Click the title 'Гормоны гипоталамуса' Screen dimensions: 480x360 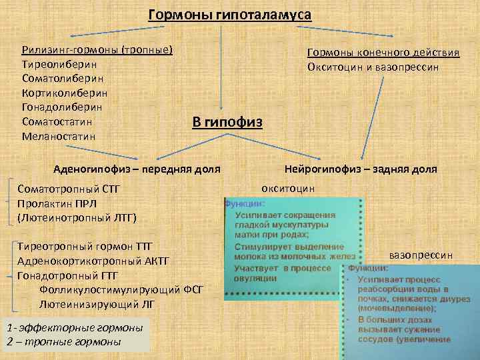pyautogui.click(x=230, y=15)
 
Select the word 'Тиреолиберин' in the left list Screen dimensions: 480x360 pyautogui.click(x=59, y=65)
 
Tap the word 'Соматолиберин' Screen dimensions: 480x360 pyautogui.click(x=62, y=79)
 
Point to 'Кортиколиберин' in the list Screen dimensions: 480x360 pyautogui.click(x=65, y=93)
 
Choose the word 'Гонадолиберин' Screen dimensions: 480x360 pyautogui.click(x=62, y=107)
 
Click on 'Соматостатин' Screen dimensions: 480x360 pyautogui.click(x=57, y=122)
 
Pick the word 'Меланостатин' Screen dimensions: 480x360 pyautogui.click(x=59, y=136)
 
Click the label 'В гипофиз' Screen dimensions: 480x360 pyautogui.click(x=227, y=122)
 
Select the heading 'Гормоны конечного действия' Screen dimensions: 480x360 pyautogui.click(x=383, y=53)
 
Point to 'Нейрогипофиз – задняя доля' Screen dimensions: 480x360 pyautogui.click(x=361, y=169)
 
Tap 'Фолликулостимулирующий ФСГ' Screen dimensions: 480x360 pyautogui.click(x=121, y=289)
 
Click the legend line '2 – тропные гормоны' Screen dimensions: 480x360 pyautogui.click(x=63, y=341)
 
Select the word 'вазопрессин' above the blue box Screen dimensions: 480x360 pyautogui.click(x=421, y=255)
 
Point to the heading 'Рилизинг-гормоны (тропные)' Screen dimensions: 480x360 pyautogui.click(x=97, y=50)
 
